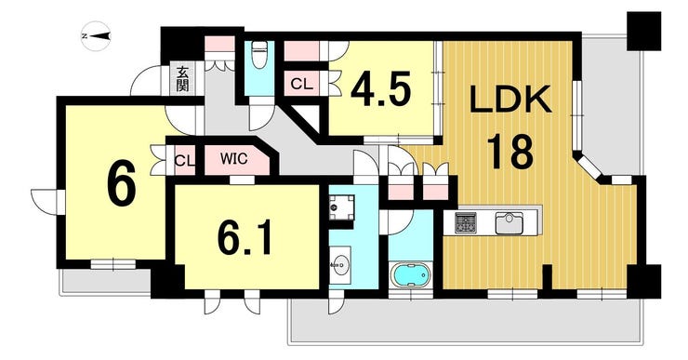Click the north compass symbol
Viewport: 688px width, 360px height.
(x=96, y=36)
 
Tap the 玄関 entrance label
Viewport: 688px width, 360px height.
(x=183, y=78)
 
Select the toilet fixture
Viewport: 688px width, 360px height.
(x=259, y=54)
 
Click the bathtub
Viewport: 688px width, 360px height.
(x=411, y=275)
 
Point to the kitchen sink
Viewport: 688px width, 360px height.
(x=509, y=222)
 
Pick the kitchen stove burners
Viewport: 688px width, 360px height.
(x=466, y=222)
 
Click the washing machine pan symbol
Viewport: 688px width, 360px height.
(x=342, y=208)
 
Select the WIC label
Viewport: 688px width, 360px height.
(x=234, y=158)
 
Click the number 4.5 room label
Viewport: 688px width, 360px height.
(x=381, y=90)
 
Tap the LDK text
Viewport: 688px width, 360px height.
(x=510, y=100)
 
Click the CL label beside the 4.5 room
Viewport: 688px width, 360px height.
(x=302, y=84)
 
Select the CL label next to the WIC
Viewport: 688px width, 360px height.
(x=185, y=161)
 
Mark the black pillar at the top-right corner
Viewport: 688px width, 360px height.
(x=643, y=31)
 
